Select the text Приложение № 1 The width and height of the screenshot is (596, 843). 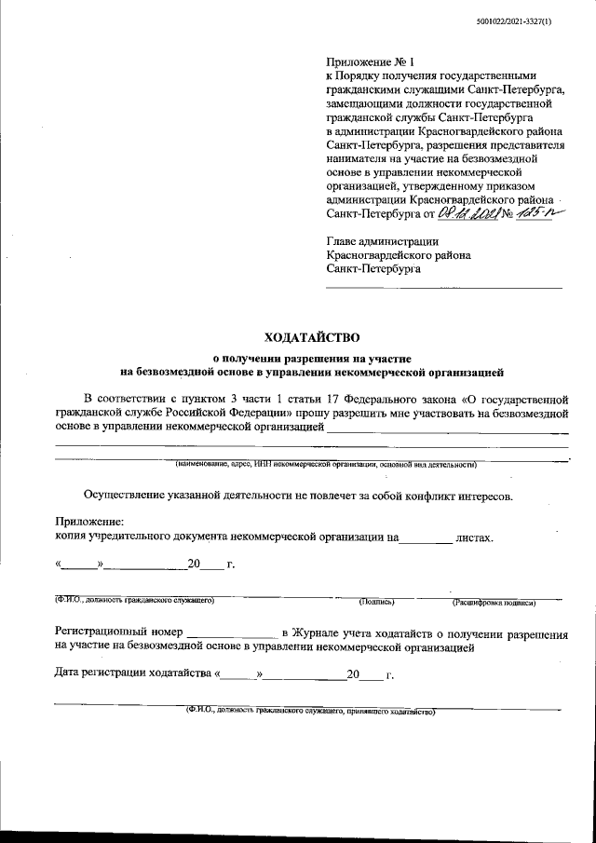point(365,61)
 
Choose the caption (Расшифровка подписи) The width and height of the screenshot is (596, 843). point(494,603)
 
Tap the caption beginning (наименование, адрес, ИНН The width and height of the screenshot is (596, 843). point(326,463)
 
